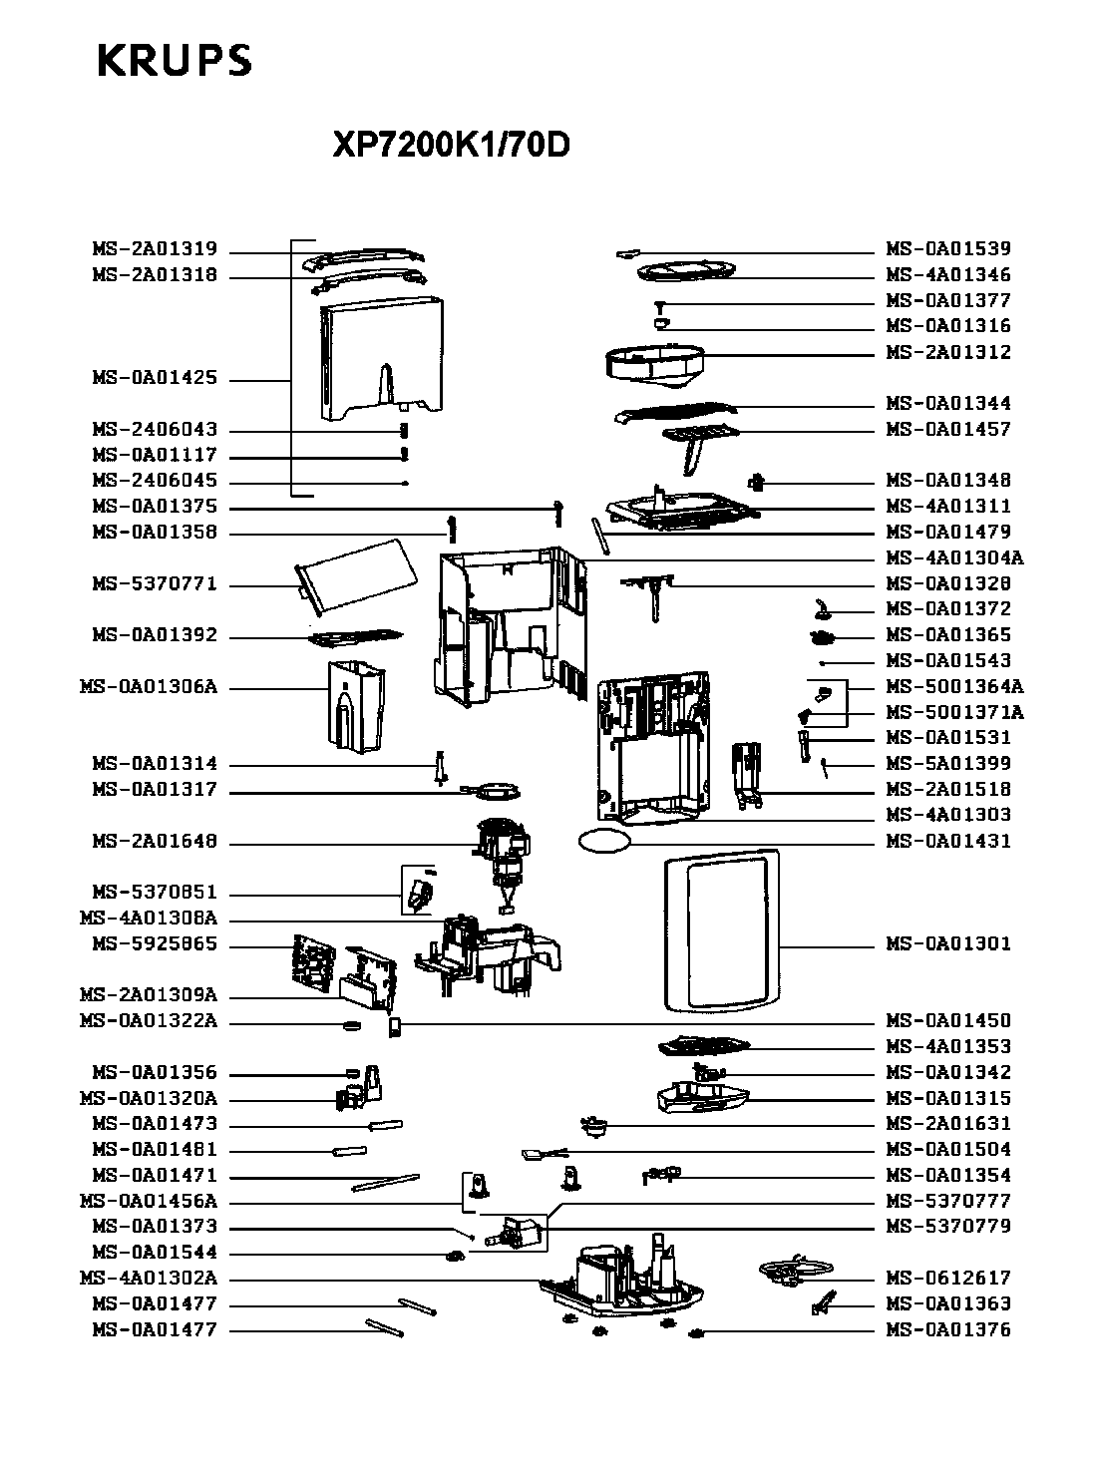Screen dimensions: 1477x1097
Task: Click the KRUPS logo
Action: (174, 61)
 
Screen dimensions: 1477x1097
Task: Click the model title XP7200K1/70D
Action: (451, 146)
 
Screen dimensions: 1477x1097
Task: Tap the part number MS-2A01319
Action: (155, 249)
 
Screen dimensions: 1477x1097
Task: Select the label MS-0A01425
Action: (155, 379)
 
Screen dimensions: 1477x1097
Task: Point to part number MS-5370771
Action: (155, 584)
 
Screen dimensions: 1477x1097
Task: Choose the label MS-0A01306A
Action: (148, 688)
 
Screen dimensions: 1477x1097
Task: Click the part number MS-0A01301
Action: (948, 943)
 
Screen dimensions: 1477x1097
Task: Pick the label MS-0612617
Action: (948, 1279)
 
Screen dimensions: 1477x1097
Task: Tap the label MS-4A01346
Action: (948, 275)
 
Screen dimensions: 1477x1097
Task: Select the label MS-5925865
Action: (155, 944)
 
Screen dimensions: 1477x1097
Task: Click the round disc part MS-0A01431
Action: (603, 841)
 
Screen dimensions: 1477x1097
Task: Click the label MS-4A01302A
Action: (148, 1279)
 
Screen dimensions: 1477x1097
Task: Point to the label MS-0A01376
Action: (948, 1330)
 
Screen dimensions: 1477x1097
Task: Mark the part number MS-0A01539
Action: (948, 249)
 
